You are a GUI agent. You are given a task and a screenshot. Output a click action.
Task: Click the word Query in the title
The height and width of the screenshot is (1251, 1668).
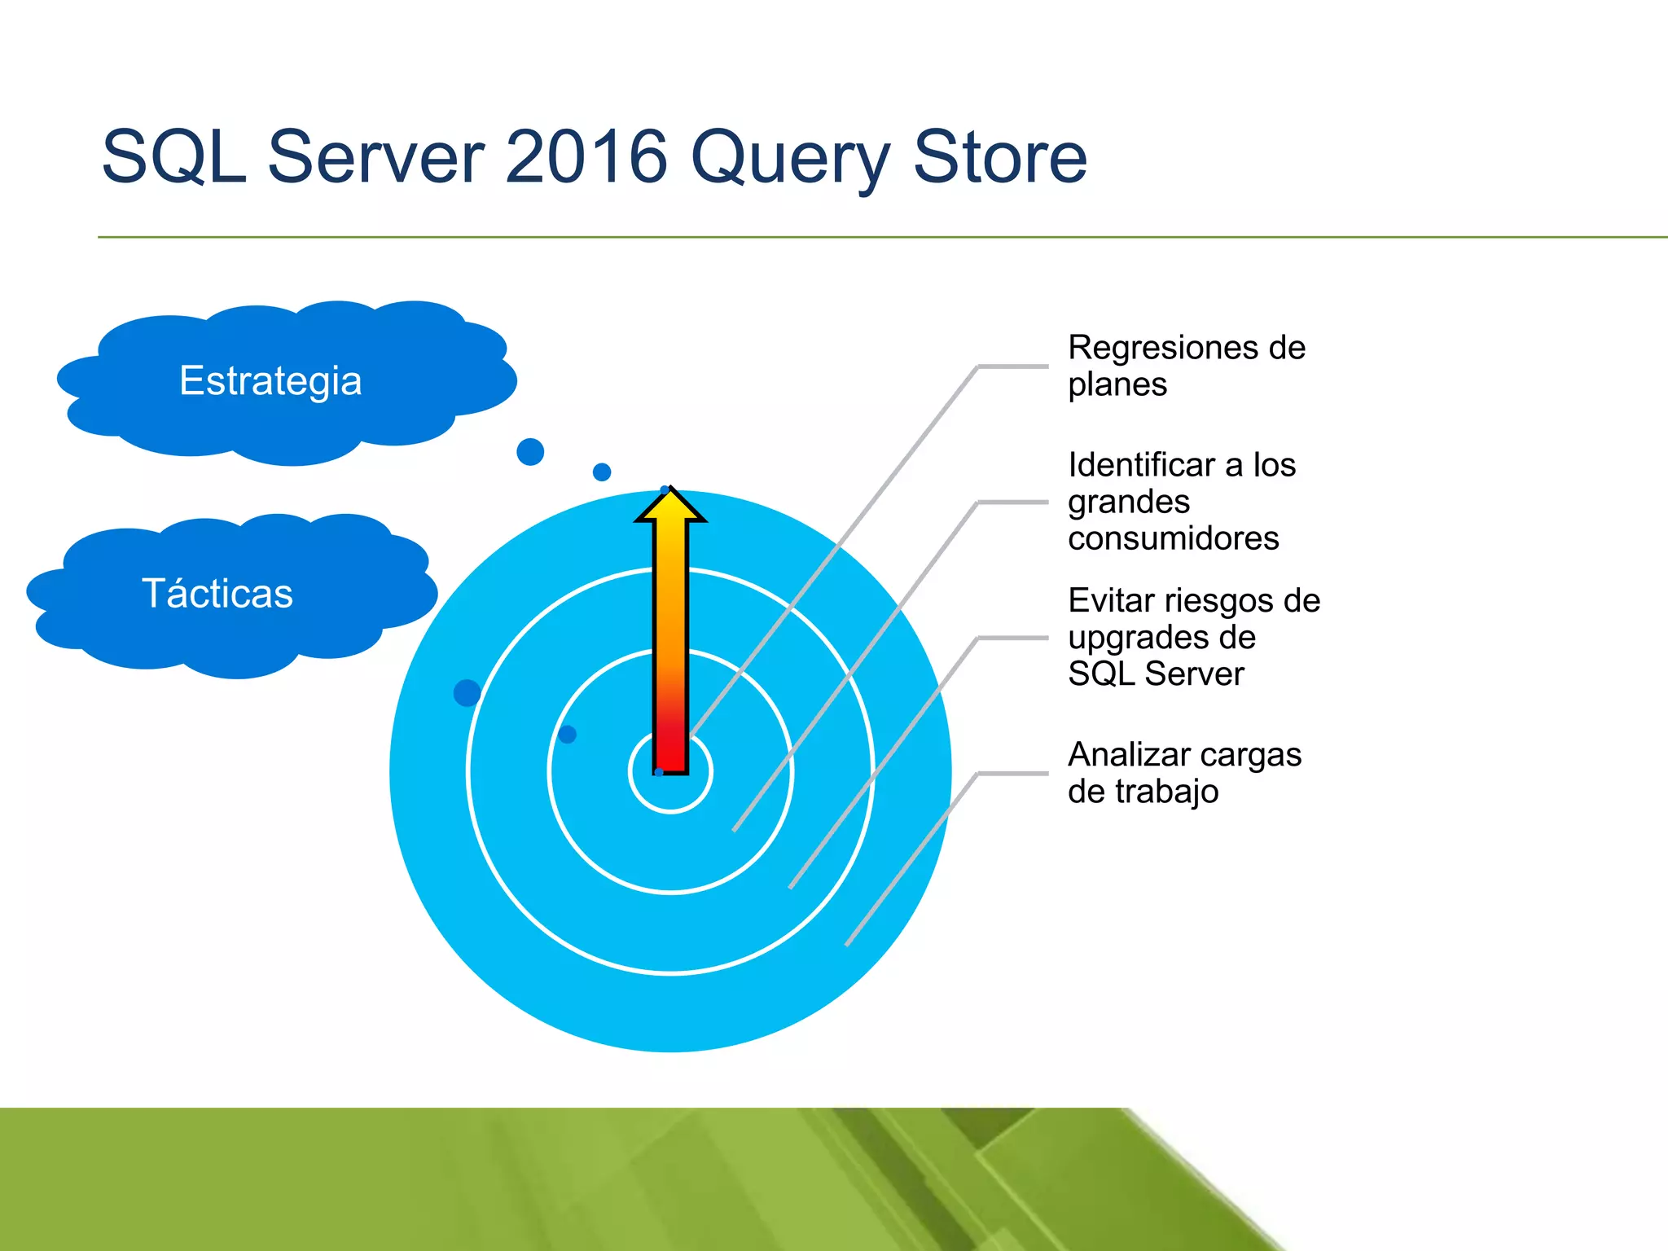click(791, 159)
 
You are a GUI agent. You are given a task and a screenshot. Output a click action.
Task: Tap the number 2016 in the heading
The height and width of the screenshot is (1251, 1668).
click(586, 156)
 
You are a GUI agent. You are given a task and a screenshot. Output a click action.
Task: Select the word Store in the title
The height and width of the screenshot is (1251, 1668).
click(999, 156)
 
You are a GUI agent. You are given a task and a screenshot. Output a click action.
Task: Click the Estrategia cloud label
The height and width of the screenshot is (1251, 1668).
click(270, 381)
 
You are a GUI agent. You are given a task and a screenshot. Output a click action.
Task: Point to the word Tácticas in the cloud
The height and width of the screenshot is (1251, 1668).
click(217, 593)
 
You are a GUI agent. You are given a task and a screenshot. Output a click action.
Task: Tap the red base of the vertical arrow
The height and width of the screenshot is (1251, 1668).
click(671, 749)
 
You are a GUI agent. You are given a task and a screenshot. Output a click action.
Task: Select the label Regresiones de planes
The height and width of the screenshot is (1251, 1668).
click(1185, 366)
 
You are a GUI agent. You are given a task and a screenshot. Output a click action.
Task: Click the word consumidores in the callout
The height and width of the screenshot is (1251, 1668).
click(1173, 538)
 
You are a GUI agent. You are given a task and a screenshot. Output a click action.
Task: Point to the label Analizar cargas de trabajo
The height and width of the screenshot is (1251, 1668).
click(1183, 773)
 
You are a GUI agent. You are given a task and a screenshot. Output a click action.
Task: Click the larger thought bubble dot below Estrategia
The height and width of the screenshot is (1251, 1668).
click(530, 451)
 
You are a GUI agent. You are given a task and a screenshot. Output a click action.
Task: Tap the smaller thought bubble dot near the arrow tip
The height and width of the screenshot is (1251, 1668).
click(602, 472)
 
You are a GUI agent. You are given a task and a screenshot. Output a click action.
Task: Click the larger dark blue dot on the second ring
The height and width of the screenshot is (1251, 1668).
click(467, 692)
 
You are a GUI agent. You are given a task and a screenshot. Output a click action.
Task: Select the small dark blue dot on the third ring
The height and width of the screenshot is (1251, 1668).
click(568, 735)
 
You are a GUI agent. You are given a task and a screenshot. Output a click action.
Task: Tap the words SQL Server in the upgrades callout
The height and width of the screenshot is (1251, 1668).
click(1156, 674)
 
